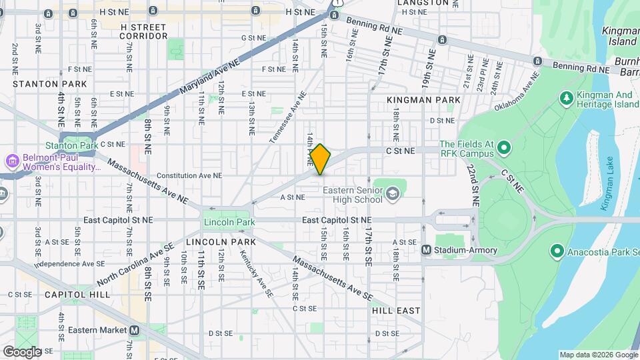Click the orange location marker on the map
coord(321,159)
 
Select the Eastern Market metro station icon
coord(135,329)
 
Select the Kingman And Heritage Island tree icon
coord(567,99)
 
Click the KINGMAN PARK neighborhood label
coord(423,100)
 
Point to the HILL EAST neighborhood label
coord(397,311)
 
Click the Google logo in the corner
coord(22,351)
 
